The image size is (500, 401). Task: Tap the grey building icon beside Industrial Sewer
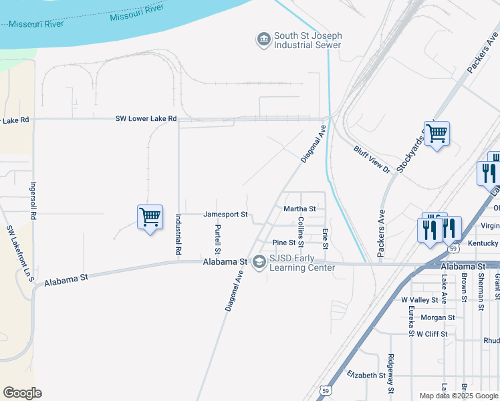click(x=263, y=40)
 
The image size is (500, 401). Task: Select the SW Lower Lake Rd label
click(x=146, y=119)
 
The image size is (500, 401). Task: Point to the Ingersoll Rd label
click(x=32, y=200)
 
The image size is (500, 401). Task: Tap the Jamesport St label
click(x=226, y=215)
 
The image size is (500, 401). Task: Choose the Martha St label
click(x=299, y=209)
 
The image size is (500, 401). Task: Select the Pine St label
click(x=284, y=243)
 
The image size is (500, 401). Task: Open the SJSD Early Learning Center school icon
click(x=259, y=263)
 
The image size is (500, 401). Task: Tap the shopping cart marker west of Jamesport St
click(x=150, y=217)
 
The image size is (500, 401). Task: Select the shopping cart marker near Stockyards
click(x=436, y=134)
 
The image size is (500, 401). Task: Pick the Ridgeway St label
click(x=391, y=374)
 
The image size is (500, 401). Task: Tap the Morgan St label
click(x=438, y=317)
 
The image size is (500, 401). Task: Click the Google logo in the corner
click(x=22, y=393)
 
